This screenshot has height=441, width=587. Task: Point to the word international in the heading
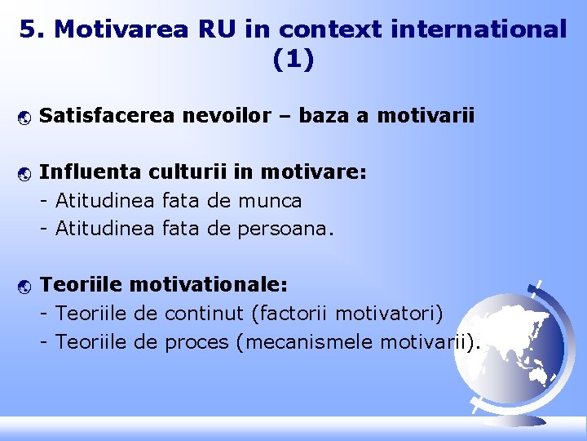click(x=479, y=29)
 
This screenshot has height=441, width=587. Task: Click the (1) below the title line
click(x=293, y=60)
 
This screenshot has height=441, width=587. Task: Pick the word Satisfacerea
click(x=106, y=116)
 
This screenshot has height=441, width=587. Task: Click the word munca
click(x=270, y=200)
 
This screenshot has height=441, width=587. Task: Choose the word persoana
click(x=282, y=229)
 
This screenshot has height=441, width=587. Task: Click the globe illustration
click(x=510, y=346)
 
